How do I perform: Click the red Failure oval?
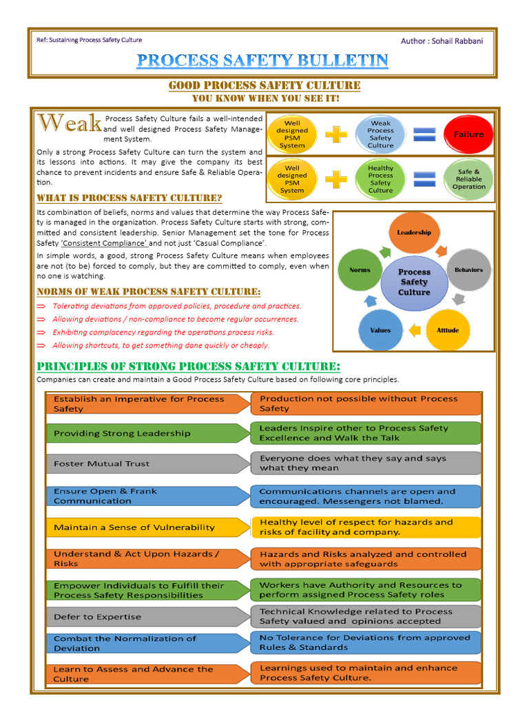coord(468,135)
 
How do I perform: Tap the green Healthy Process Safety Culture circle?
coord(380,179)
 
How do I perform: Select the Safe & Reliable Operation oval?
coord(468,179)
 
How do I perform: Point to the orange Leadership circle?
coord(414,233)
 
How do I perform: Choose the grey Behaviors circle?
coord(468,270)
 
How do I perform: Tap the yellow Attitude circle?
coord(448,330)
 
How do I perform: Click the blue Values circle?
coord(380,330)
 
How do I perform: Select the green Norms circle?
coord(360,270)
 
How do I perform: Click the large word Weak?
coord(70,124)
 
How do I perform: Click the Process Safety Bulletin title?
coord(262,61)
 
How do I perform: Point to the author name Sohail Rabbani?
coord(457,41)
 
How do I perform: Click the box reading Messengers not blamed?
coord(364,496)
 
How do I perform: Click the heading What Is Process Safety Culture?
coord(129,198)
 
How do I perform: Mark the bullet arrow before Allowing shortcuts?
coord(41,346)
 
